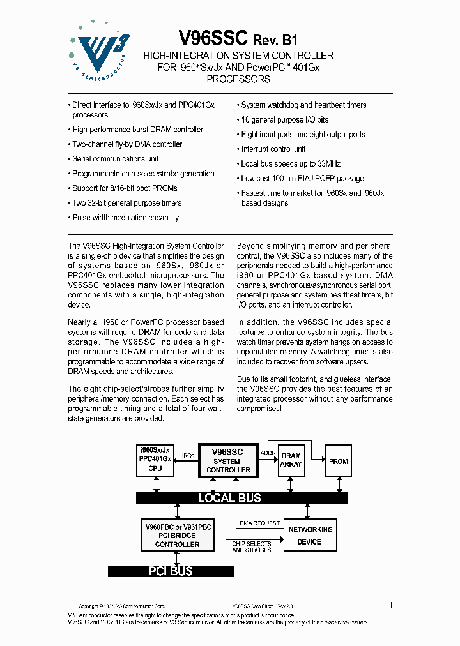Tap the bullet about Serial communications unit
[x=115, y=159]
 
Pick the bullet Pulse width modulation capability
[x=125, y=218]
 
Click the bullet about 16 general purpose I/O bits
[x=284, y=119]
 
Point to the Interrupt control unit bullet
[x=273, y=149]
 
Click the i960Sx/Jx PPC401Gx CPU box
[x=155, y=460]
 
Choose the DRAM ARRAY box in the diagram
[x=291, y=460]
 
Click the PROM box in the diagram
[x=338, y=461]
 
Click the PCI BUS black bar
[x=171, y=571]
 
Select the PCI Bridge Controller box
[x=177, y=536]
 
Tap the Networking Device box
[x=310, y=535]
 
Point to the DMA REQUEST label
[x=259, y=523]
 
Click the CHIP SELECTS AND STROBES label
[x=252, y=546]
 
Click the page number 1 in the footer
[x=390, y=604]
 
